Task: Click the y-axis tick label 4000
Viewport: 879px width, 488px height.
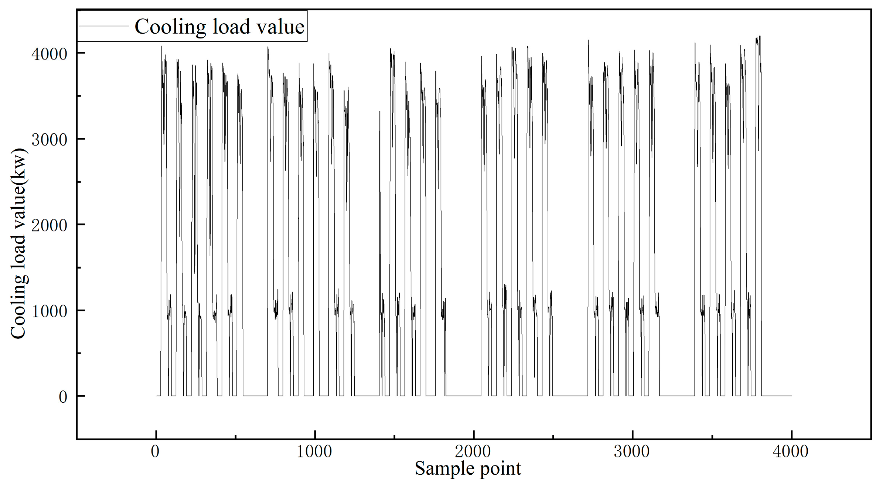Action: click(x=49, y=54)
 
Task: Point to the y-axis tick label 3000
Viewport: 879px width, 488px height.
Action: click(x=49, y=140)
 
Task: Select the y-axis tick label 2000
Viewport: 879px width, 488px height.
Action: click(x=49, y=225)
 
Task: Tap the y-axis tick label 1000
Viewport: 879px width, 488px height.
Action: click(x=49, y=311)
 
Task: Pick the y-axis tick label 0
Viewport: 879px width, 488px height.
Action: click(x=63, y=397)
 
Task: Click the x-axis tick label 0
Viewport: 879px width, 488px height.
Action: click(x=155, y=451)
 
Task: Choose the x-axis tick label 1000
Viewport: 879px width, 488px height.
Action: click(x=314, y=451)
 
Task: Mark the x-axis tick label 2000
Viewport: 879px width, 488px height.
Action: click(x=473, y=451)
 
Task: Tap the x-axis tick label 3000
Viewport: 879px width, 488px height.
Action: click(x=632, y=451)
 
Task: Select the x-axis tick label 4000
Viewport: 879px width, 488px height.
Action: click(x=791, y=451)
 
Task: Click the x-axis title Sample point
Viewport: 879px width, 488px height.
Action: click(x=468, y=468)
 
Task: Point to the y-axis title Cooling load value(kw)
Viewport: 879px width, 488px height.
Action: click(x=18, y=243)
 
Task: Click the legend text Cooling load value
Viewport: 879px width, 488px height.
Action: click(x=219, y=27)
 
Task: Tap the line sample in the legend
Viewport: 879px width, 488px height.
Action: click(x=104, y=26)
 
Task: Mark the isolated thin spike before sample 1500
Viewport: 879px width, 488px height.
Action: click(x=380, y=222)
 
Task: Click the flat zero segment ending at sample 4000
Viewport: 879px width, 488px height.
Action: click(x=776, y=396)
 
